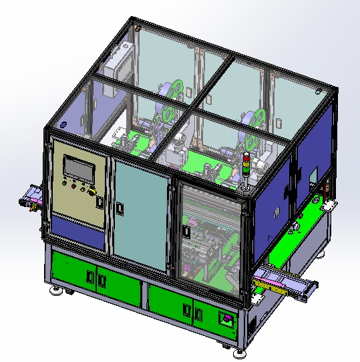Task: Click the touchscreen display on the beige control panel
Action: coord(79,168)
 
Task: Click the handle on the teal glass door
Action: coord(120,208)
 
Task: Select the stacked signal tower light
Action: coord(245,167)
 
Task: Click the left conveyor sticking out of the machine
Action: coord(31,198)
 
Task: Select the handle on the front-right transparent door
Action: coord(186,231)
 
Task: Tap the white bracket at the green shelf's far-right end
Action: coord(328,205)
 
